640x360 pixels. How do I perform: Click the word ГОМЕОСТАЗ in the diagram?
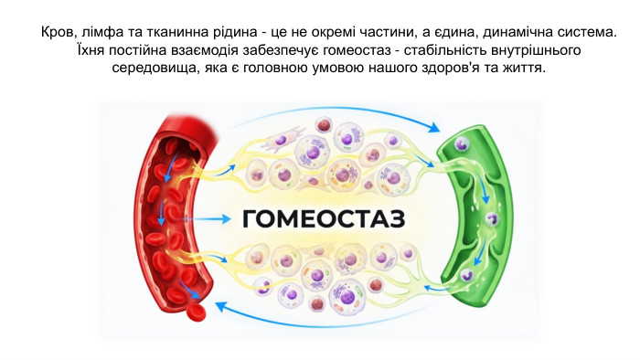point(322,219)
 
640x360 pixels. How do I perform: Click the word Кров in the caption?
point(59,32)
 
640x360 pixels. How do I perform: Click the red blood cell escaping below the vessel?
point(196,312)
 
